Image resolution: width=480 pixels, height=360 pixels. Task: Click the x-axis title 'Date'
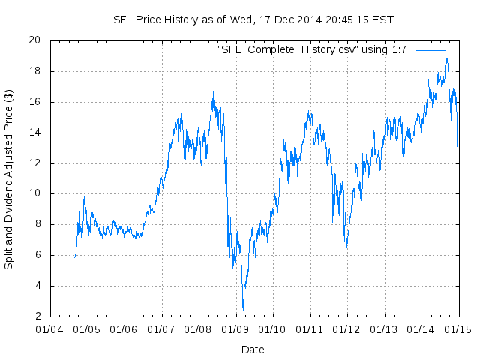(x=253, y=349)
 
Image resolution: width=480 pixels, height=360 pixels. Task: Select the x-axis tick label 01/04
(x=50, y=328)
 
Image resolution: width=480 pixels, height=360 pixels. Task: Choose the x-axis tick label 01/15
(x=459, y=328)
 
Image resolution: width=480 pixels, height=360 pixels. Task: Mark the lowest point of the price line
(x=243, y=310)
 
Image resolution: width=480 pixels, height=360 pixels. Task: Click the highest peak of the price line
(x=446, y=58)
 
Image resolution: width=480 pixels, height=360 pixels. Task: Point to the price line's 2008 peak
(x=213, y=92)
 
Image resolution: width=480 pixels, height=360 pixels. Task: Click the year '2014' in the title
(x=303, y=19)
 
